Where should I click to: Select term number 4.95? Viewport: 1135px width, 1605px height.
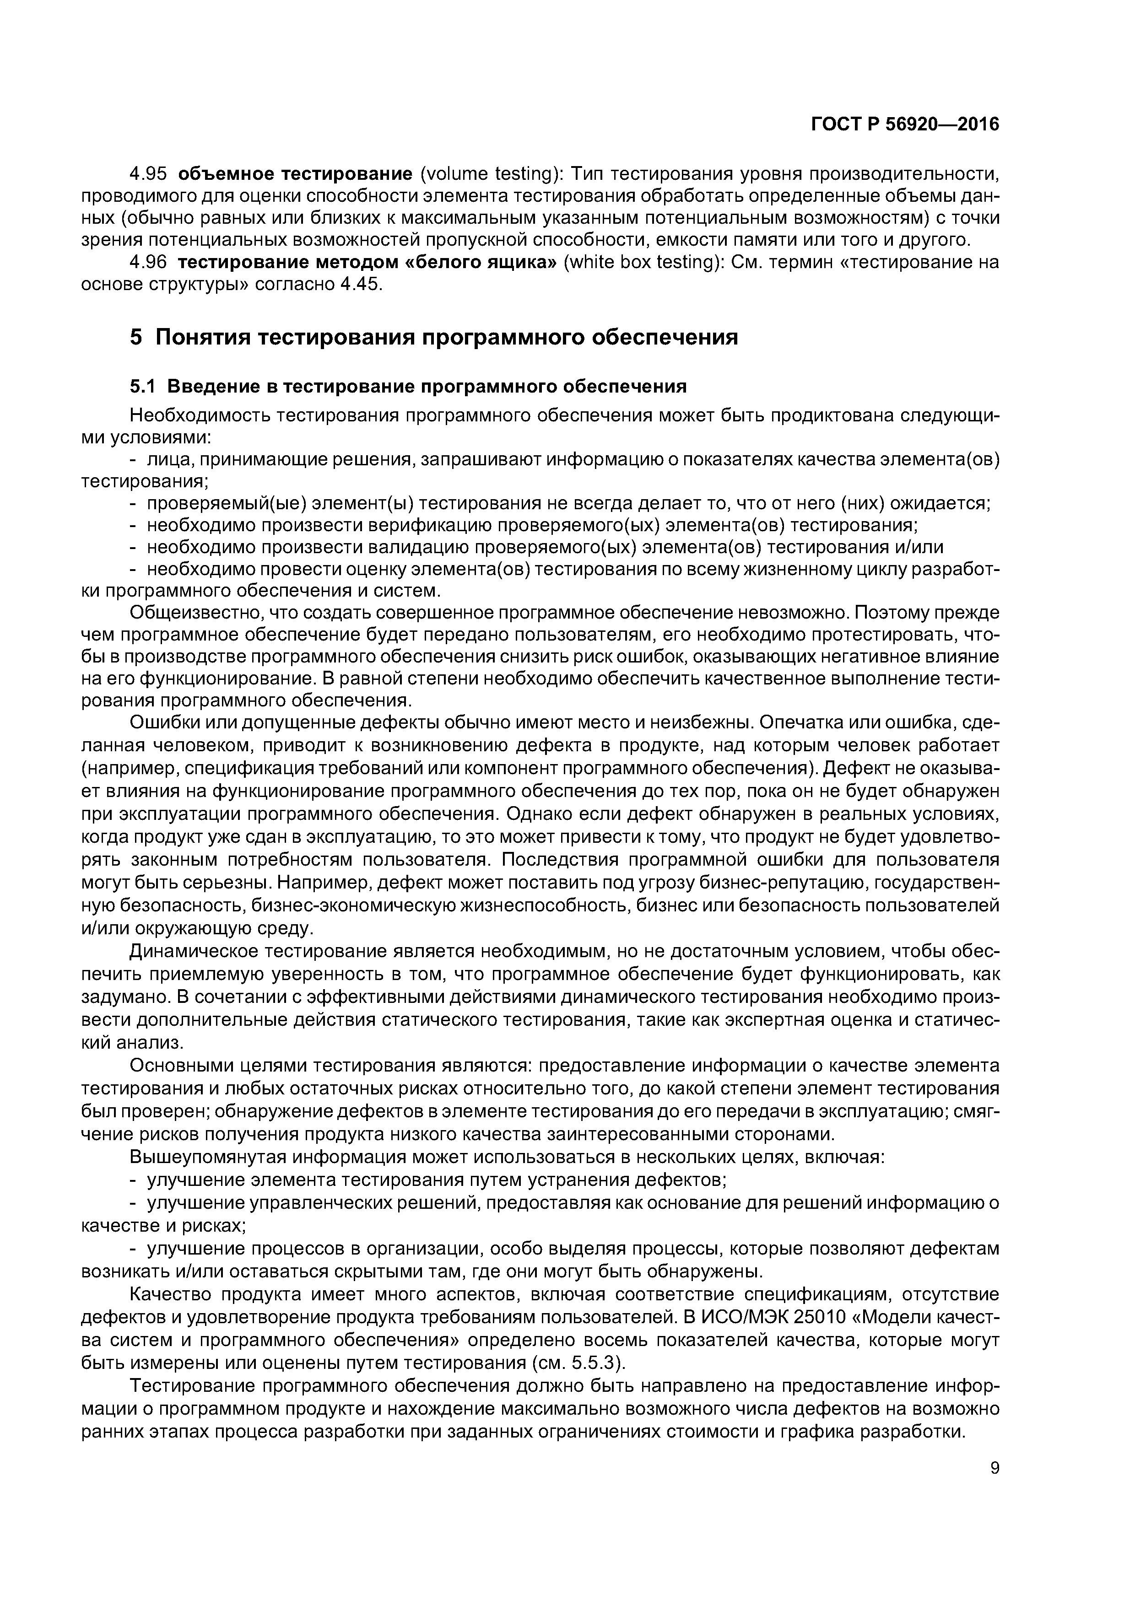click(151, 173)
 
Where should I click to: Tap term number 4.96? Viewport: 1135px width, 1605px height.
click(151, 262)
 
